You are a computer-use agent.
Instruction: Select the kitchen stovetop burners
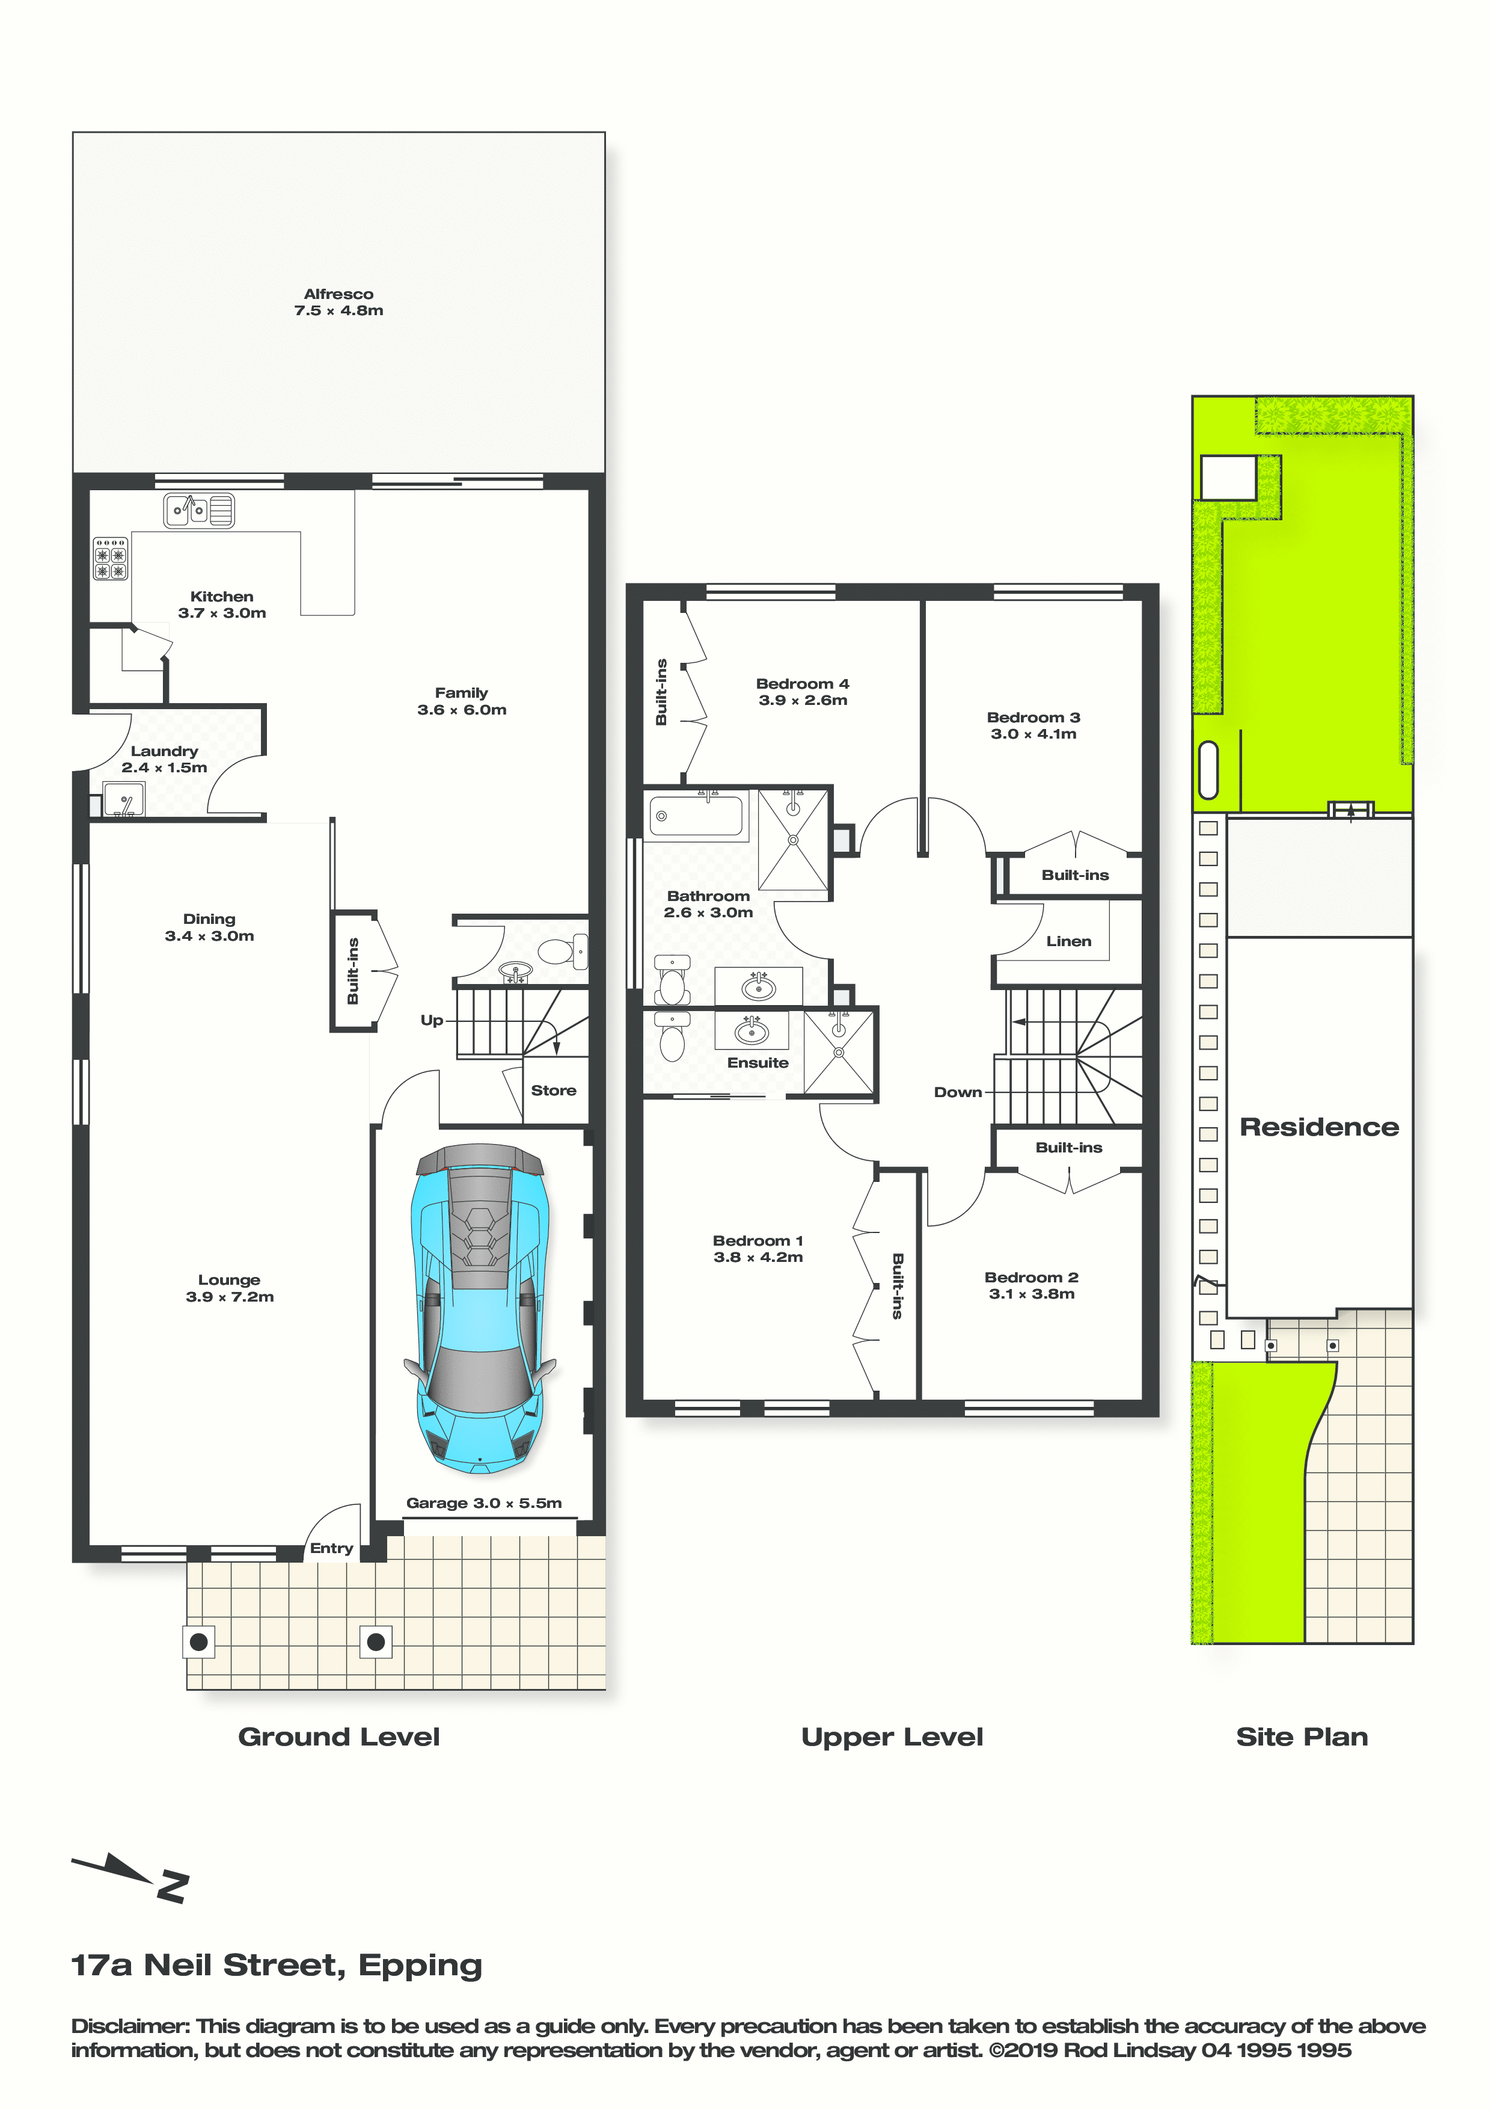[x=110, y=558]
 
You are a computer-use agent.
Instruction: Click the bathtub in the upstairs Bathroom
[x=696, y=815]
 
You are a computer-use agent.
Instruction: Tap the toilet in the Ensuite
[x=673, y=1036]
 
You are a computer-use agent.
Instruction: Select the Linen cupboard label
[x=1068, y=941]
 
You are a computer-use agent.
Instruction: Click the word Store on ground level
[x=553, y=1090]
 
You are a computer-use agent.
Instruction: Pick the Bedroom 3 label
[x=1033, y=725]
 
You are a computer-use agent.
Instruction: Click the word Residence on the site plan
[x=1319, y=1127]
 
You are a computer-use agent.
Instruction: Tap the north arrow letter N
[x=173, y=1885]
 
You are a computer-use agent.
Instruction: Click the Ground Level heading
[x=339, y=1737]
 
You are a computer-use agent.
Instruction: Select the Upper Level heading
[x=892, y=1738]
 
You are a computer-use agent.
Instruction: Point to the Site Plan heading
[x=1302, y=1737]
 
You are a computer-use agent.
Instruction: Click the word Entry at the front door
[x=332, y=1548]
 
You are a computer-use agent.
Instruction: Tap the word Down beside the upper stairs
[x=957, y=1092]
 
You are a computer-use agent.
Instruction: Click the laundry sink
[x=124, y=799]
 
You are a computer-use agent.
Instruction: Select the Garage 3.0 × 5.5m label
[x=484, y=1503]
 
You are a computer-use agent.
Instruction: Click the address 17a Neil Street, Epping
[x=277, y=1966]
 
